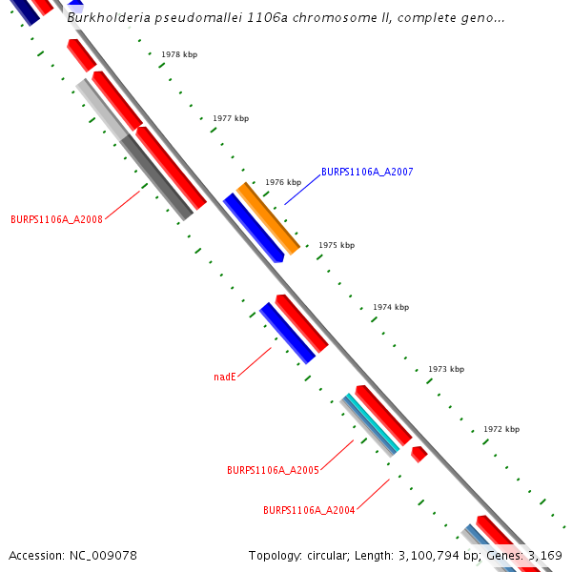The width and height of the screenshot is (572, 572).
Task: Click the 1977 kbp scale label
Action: tap(231, 118)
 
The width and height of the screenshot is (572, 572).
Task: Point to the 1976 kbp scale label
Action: tap(283, 182)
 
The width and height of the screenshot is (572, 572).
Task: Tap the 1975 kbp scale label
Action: tap(337, 245)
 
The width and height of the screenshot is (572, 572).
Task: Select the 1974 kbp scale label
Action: tap(391, 307)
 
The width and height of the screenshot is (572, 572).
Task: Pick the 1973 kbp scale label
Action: tap(446, 369)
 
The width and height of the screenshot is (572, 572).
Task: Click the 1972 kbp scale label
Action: tap(501, 429)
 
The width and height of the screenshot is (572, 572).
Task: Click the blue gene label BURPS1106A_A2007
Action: tap(367, 172)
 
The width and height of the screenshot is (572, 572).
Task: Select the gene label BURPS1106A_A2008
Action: tap(56, 218)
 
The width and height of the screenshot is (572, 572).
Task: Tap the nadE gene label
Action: tap(224, 377)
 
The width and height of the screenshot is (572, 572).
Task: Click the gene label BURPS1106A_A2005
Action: tap(273, 470)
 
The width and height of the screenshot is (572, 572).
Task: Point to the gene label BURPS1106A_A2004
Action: tap(309, 510)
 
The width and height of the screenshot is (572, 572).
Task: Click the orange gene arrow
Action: tap(268, 217)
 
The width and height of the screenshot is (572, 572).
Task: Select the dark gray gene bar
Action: tap(156, 176)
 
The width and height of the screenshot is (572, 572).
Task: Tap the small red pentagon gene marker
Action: tap(419, 454)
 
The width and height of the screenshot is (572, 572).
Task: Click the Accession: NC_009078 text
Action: tap(72, 555)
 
